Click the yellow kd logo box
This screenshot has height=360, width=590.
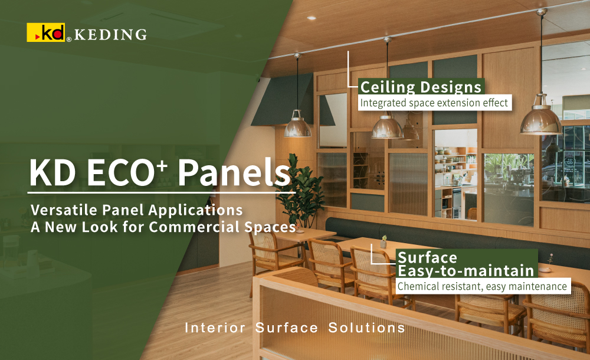pyautogui.click(x=45, y=32)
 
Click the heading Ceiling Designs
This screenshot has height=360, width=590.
pyautogui.click(x=421, y=87)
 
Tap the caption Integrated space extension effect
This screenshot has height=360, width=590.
pyautogui.click(x=434, y=103)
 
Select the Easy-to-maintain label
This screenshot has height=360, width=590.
pyautogui.click(x=466, y=271)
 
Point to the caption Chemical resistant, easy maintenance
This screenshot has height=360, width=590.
pyautogui.click(x=482, y=287)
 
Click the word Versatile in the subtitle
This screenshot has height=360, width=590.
pyautogui.click(x=60, y=210)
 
